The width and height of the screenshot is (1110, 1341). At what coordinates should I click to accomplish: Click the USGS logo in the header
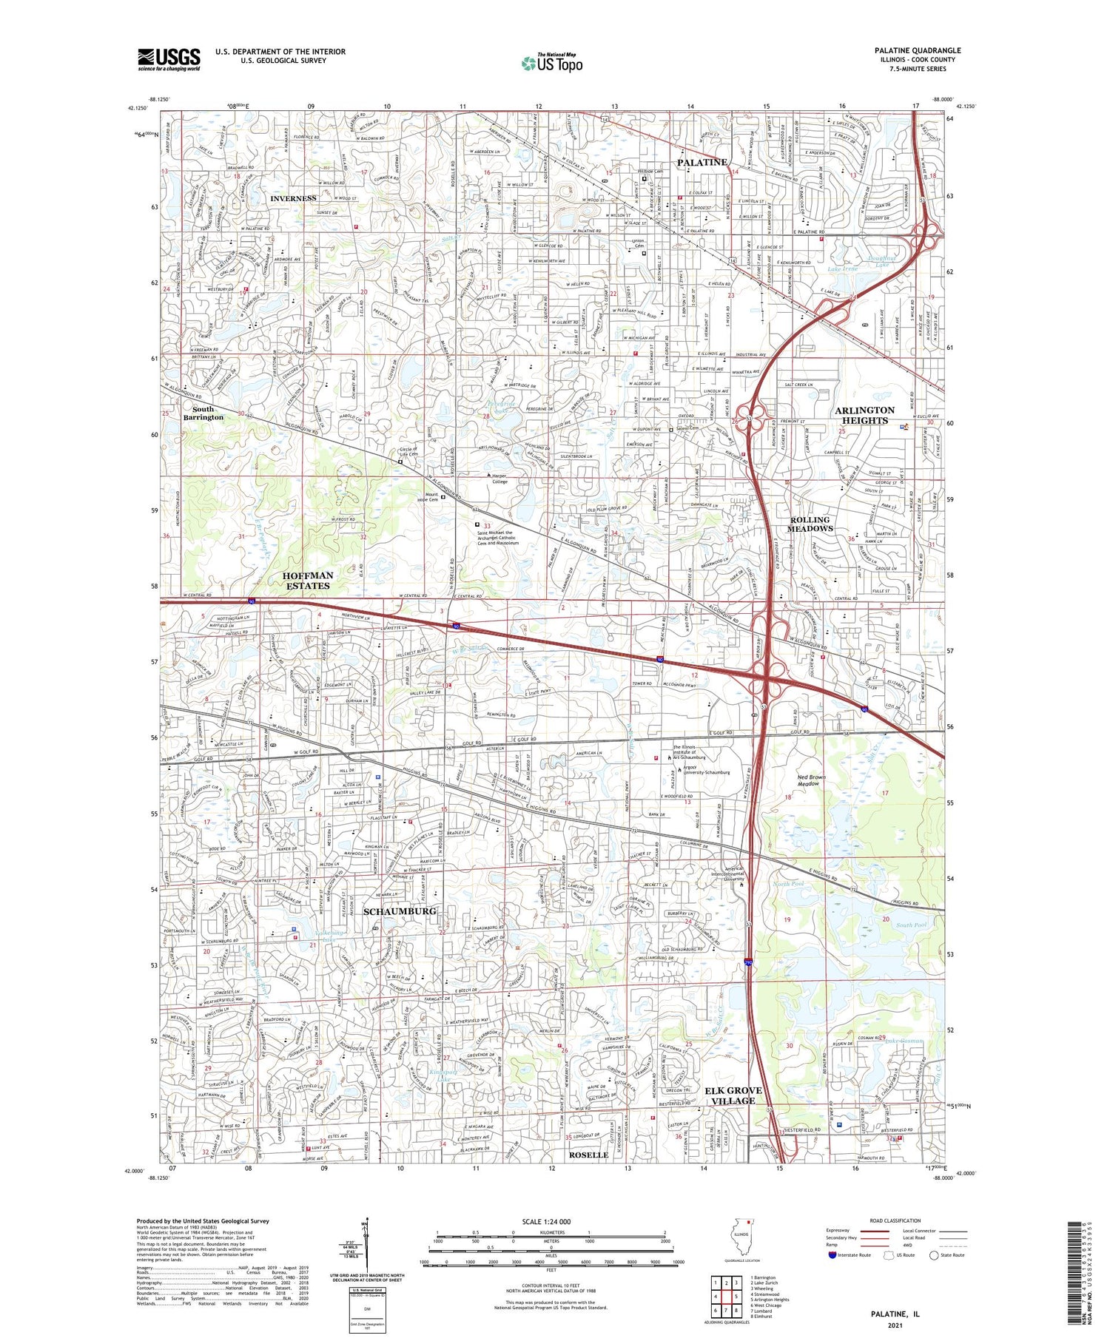pos(169,59)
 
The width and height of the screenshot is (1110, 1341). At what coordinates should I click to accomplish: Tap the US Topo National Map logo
pos(551,63)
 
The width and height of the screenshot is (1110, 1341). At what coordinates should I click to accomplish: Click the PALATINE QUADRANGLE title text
pos(917,50)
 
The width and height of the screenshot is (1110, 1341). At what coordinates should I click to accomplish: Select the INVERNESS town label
pos(293,198)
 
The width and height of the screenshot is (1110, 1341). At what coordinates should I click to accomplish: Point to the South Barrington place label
pos(203,413)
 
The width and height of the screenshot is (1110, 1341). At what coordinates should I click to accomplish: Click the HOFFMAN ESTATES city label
pos(308,580)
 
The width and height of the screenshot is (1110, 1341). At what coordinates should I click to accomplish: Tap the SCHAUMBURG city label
pos(400,911)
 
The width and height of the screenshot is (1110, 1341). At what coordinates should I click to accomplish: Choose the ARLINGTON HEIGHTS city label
pos(864,415)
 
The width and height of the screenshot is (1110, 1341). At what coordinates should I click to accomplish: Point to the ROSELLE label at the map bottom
pos(588,1155)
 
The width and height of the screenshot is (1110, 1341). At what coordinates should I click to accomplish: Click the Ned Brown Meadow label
pos(811,780)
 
